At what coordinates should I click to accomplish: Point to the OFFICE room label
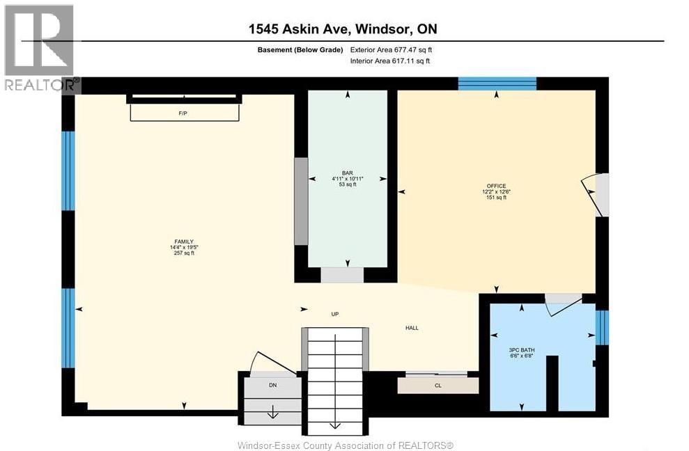[x=496, y=186]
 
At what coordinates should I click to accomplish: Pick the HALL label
[x=412, y=328]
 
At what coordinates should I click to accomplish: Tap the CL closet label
[x=438, y=385]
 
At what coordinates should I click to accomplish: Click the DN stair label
[x=272, y=384]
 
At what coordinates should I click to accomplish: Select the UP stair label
[x=334, y=314]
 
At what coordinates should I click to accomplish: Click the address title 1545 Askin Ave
[x=343, y=29]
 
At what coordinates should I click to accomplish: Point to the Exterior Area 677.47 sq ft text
[x=396, y=49]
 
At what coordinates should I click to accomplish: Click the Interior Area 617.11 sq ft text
[x=390, y=61]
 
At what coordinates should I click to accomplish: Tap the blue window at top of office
[x=497, y=84]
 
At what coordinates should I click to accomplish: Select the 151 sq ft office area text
[x=496, y=198]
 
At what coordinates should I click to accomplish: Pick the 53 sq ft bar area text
[x=348, y=184]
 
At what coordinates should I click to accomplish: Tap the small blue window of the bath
[x=603, y=327]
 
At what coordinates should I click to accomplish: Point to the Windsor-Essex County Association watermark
[x=345, y=445]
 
